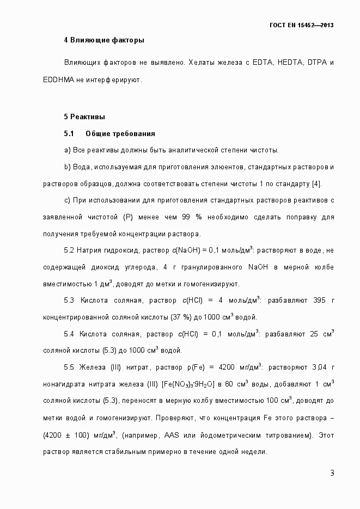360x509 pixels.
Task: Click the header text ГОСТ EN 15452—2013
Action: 302,25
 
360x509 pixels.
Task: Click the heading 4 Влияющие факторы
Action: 104,40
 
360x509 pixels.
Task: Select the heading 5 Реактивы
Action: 84,117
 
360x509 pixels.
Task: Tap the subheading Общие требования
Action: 120,133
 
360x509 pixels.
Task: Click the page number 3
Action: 332,473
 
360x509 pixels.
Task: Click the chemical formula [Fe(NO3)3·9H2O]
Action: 187,384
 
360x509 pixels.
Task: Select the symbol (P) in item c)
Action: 129,217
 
